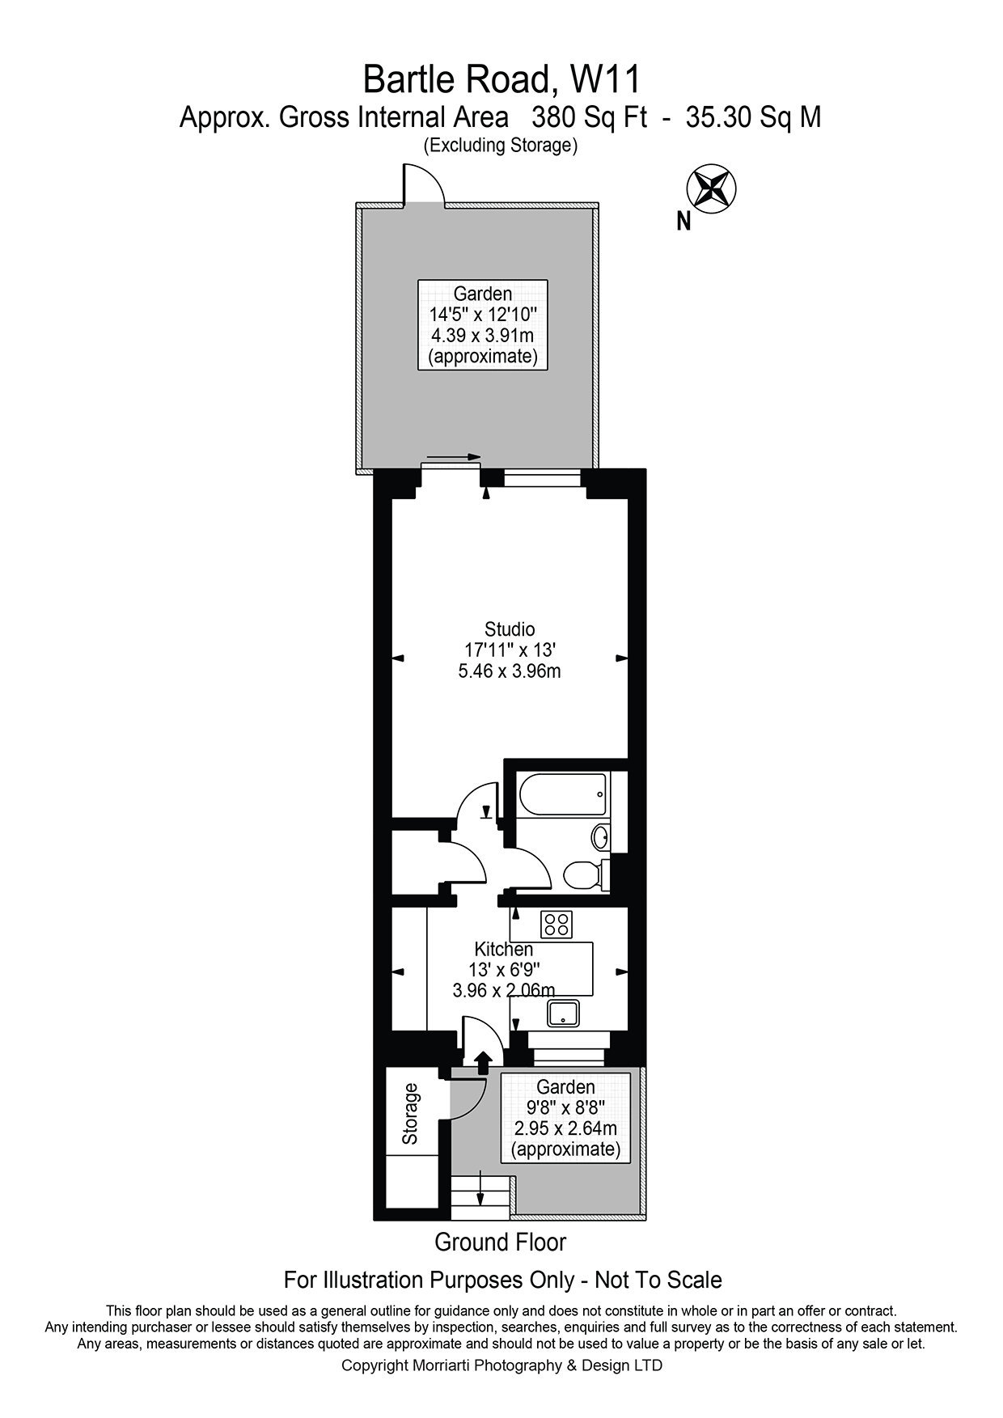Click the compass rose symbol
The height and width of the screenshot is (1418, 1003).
coord(710,188)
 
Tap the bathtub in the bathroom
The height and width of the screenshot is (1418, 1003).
coord(562,795)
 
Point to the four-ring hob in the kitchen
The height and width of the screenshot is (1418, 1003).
coord(557,924)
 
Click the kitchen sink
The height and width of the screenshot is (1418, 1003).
coord(564,1013)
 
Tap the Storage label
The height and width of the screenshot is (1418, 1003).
coord(410,1113)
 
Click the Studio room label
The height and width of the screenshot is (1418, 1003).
coord(510,629)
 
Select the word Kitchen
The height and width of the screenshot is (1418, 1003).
coord(503,949)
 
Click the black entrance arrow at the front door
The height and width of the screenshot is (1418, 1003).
coord(483,1062)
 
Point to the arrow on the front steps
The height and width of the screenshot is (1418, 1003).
coord(480,1189)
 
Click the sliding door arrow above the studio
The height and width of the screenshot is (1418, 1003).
coord(453,457)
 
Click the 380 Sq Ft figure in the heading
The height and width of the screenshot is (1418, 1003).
coord(589,118)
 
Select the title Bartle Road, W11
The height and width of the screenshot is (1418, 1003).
coord(501,79)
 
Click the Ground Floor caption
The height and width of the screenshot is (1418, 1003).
coord(500,1242)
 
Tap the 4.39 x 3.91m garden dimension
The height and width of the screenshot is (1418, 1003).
coord(482,335)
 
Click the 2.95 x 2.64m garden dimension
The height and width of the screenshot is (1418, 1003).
coord(565,1128)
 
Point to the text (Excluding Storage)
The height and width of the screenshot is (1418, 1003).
coord(500,146)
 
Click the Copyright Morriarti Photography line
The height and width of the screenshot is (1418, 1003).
coord(501,1365)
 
